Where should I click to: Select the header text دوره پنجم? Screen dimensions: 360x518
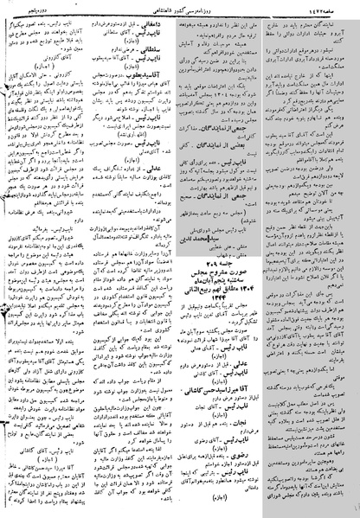click(x=35, y=7)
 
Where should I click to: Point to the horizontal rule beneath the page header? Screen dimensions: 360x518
click(x=180, y=14)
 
